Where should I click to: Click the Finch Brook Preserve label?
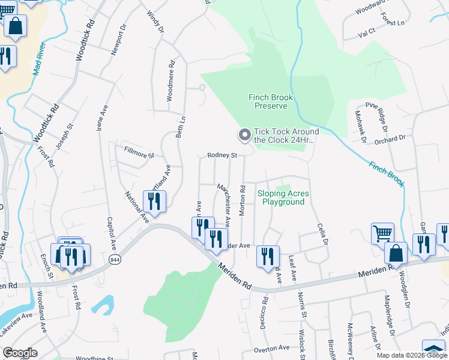point(268,101)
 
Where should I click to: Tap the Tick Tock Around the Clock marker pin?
point(244,136)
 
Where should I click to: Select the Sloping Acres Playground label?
point(283,197)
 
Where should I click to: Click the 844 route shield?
point(115,259)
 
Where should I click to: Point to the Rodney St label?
point(223,155)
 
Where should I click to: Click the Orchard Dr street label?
point(390,139)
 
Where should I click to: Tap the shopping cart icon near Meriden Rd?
point(382,233)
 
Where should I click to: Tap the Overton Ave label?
point(271,348)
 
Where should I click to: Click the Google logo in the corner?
point(20,353)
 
